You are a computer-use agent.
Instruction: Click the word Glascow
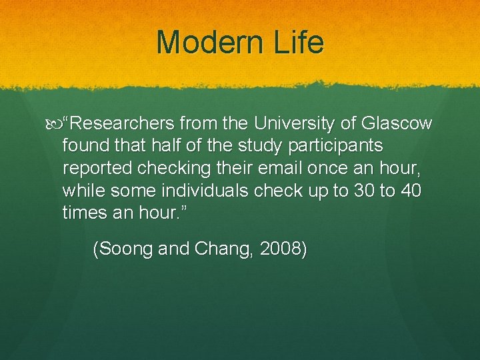tap(397, 125)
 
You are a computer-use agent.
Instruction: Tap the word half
tap(162, 145)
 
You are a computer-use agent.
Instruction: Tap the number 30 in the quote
tap(363, 191)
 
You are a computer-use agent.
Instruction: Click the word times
tap(83, 213)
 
